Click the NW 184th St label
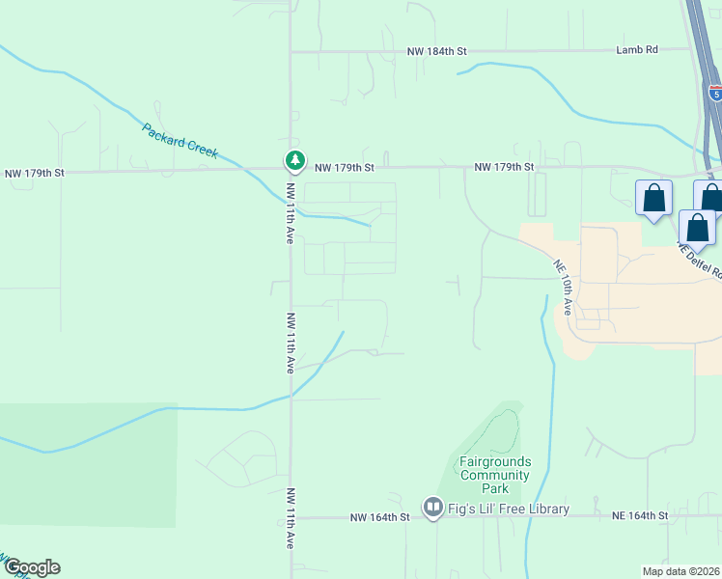click(x=436, y=50)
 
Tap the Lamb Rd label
click(x=637, y=50)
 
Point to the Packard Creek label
click(x=180, y=141)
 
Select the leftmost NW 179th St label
click(x=35, y=174)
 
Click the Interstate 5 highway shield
click(x=714, y=93)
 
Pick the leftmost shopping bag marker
click(x=653, y=199)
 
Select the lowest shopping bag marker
click(x=697, y=229)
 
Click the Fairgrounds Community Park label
click(x=494, y=475)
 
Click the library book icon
click(x=432, y=507)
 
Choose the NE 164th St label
click(x=640, y=516)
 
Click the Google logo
click(x=32, y=567)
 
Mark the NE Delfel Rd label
click(x=700, y=262)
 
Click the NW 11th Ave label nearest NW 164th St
click(x=290, y=518)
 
